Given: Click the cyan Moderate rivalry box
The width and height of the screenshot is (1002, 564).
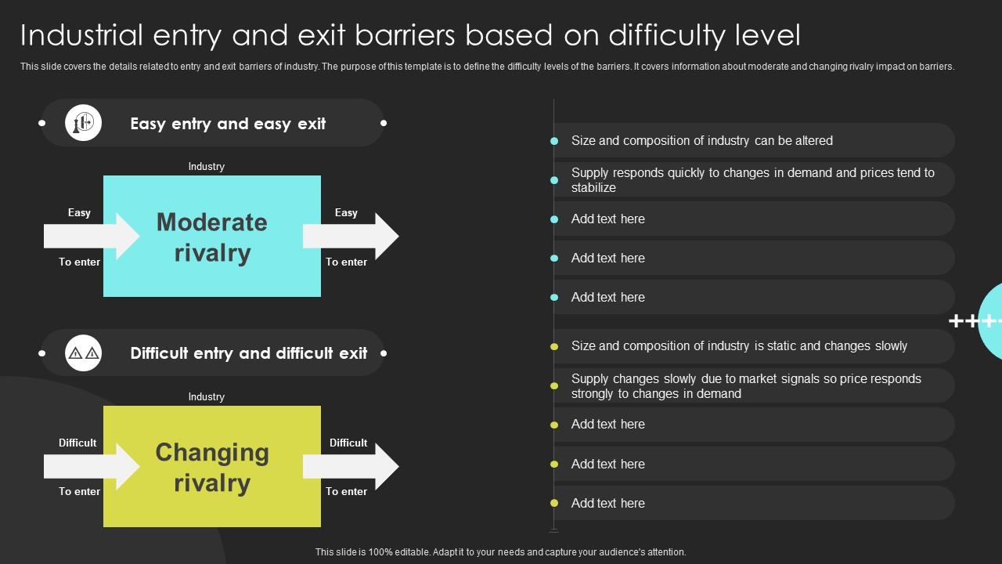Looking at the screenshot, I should point(212,237).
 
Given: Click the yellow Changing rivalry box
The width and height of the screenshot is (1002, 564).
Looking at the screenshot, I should point(212,467).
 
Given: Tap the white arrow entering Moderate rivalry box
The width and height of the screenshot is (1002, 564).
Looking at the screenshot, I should point(90,236).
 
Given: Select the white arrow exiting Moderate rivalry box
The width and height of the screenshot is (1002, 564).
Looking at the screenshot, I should point(351,236).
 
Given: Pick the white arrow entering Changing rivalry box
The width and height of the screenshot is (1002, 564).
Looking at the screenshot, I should point(90,466).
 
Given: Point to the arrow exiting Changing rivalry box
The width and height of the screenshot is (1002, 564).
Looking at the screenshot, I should point(351,466).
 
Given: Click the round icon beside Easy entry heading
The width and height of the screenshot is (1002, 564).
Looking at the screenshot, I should point(83,123).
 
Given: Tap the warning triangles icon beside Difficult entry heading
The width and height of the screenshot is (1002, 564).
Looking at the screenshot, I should point(83,353).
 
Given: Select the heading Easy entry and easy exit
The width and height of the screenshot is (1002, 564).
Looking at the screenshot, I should point(228,124).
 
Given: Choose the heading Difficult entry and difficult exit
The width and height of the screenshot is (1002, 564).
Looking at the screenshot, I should point(249,353).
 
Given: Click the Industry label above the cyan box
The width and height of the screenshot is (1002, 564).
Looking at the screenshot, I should point(207,167).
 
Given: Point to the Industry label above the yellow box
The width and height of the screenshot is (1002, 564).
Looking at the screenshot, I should point(207,397).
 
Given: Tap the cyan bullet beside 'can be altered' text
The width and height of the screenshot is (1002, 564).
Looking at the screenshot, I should point(554,141).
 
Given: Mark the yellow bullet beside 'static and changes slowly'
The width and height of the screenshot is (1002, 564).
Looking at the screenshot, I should point(554,346).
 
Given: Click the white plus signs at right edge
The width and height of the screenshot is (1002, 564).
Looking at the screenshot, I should point(974,321).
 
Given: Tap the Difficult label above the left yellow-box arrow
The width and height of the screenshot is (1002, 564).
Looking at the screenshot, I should point(77,443).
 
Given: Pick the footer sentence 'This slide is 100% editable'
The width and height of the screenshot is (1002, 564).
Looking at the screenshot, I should point(501,552).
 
